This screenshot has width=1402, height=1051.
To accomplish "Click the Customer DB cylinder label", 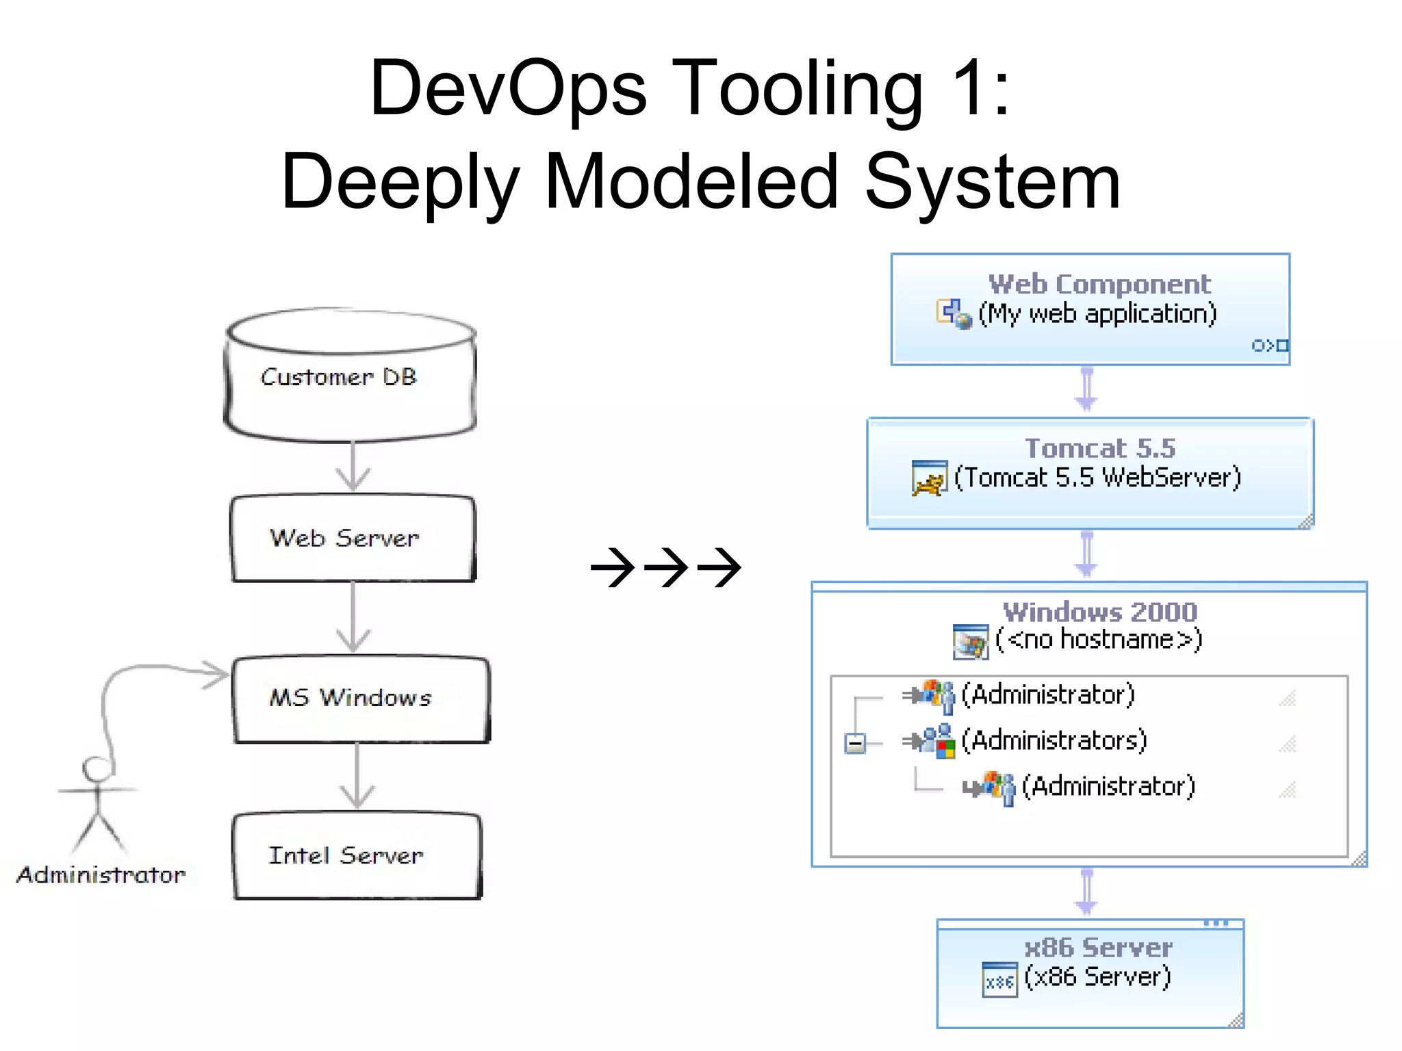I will point(339,377).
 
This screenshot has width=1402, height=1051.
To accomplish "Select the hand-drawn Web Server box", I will point(352,539).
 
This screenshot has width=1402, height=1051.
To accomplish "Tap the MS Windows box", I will point(360,699).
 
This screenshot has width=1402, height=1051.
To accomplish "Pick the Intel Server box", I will point(356,856).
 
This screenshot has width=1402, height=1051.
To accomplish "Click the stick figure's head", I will point(96,768).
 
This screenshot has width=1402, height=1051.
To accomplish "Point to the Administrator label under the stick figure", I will point(101,874).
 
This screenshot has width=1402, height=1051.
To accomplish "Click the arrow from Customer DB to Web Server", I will point(353,467).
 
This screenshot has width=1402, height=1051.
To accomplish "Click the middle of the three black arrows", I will point(666,567).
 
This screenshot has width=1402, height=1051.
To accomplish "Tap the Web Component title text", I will point(1099,284).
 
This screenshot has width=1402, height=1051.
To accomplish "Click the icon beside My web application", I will point(954,314).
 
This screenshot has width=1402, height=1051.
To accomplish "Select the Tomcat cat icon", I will point(929,478).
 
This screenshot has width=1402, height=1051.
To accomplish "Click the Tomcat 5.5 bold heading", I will point(1099,448).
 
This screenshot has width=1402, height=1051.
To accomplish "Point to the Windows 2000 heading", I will point(1099,611).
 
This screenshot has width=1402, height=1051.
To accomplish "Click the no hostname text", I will point(1099,639).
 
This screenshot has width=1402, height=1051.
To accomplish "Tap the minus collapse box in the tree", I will point(854,743).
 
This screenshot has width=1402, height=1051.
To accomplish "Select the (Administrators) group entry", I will point(1054,740).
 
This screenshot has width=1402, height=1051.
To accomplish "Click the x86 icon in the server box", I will point(999,980).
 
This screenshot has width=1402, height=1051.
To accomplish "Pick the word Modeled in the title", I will point(691,182).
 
